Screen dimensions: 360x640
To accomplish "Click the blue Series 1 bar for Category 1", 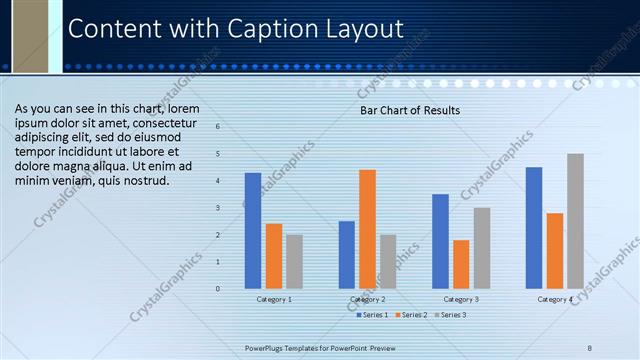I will pyautogui.click(x=252, y=231).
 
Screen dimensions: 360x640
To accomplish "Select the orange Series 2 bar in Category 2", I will pyautogui.click(x=367, y=229).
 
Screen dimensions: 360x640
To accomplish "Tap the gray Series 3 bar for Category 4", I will pyautogui.click(x=575, y=221).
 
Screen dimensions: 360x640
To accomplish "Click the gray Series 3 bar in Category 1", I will pyautogui.click(x=294, y=261).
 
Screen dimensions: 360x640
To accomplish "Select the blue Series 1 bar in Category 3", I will pyautogui.click(x=440, y=241).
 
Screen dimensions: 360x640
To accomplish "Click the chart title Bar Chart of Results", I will pyautogui.click(x=410, y=110).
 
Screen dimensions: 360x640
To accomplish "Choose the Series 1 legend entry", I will pyautogui.click(x=373, y=315).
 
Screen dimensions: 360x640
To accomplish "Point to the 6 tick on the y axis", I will pyautogui.click(x=218, y=127).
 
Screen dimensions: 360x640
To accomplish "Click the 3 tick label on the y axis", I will pyautogui.click(x=218, y=208).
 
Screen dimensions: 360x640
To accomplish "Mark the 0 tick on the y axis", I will pyautogui.click(x=218, y=289).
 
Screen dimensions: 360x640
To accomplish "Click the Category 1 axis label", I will pyautogui.click(x=273, y=299).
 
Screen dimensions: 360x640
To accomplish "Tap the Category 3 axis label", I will pyautogui.click(x=460, y=299).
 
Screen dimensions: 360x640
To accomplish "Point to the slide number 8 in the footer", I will pyautogui.click(x=590, y=347).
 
